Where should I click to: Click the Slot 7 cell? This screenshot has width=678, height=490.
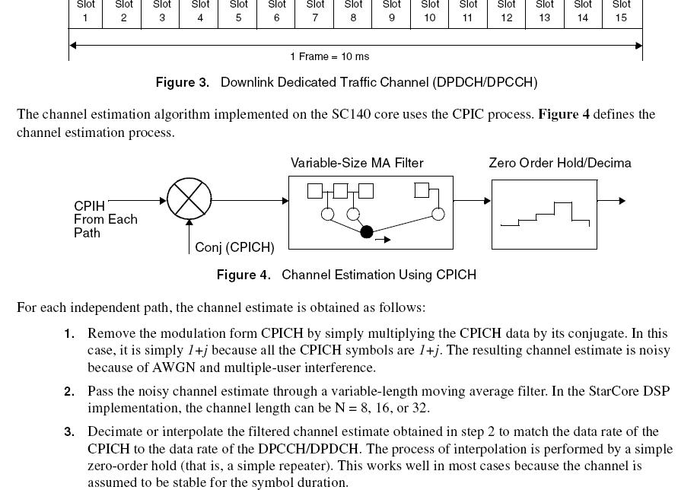point(314,13)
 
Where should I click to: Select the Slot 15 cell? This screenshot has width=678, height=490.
point(622,13)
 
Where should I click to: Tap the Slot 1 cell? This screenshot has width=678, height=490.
point(86,13)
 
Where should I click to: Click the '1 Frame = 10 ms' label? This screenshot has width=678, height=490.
point(329,56)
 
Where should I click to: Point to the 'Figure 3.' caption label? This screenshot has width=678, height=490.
point(182,82)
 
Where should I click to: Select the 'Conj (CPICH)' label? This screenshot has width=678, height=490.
point(234,247)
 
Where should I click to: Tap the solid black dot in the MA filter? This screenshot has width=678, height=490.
point(367,232)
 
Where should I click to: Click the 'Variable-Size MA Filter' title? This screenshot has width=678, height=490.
point(357,163)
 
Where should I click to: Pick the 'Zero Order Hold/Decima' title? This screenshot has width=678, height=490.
point(560,163)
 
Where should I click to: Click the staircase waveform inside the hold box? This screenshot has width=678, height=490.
point(545,214)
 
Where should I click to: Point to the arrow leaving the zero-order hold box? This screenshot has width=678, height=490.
point(611,201)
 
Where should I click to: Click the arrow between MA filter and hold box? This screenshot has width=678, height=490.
point(473,201)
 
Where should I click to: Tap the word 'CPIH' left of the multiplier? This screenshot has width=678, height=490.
point(89,206)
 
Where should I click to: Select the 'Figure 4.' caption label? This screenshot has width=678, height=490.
point(244,275)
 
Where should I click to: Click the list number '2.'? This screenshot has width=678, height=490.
point(69,392)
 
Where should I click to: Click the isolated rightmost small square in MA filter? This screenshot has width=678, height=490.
point(422,190)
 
